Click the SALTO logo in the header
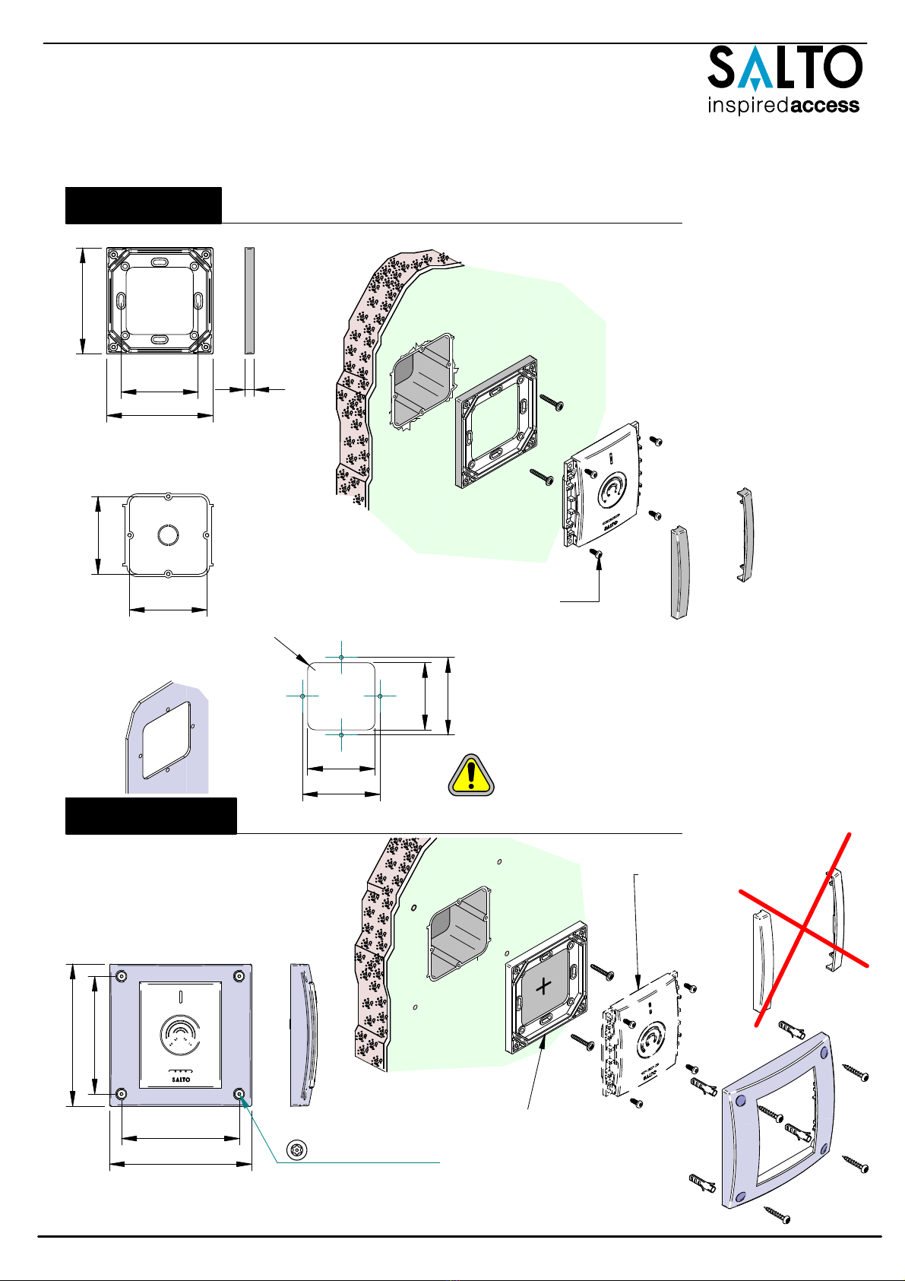(x=785, y=68)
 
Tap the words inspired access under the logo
(x=783, y=105)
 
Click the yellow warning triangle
(x=471, y=775)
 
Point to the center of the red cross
(x=804, y=927)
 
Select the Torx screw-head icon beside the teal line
(x=297, y=1149)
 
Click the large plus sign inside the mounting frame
(x=543, y=985)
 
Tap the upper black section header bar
(x=144, y=205)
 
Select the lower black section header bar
(x=151, y=816)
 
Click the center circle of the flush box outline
(x=168, y=535)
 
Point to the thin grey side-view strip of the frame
(x=249, y=301)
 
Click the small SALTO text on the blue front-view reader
(x=181, y=1080)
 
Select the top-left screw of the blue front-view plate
(x=122, y=975)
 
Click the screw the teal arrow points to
(x=239, y=1094)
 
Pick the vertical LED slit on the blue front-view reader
(x=181, y=996)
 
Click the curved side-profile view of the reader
(x=304, y=1035)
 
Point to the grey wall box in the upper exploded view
(x=422, y=380)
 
